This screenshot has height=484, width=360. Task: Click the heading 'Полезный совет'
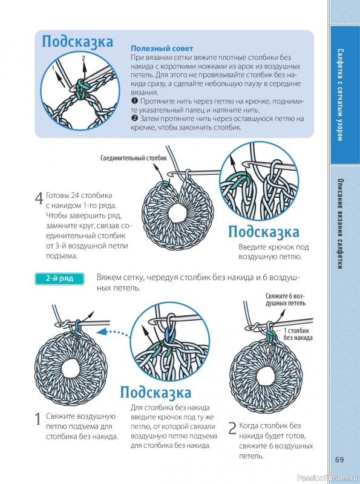tap(162, 48)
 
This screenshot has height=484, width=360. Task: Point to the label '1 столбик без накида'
tap(298, 333)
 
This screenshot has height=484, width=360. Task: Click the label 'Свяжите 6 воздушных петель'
tap(285, 299)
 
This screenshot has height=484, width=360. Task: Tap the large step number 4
tap(39, 198)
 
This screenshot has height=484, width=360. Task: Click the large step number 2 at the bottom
tap(232, 429)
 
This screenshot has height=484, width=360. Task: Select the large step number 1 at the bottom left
tap(38, 419)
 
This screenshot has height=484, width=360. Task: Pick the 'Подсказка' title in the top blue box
tap(77, 42)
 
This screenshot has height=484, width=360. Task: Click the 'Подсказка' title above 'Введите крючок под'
tap(263, 232)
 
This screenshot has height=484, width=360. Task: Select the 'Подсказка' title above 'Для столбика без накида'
tap(156, 393)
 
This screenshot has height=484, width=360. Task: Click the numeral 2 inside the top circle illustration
tap(83, 58)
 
